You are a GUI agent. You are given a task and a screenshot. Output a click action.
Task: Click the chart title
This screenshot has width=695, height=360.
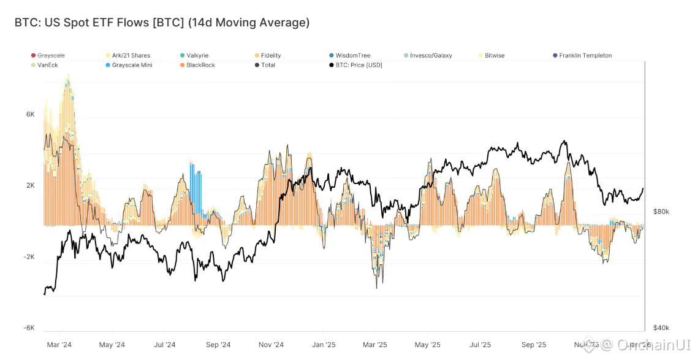(x=162, y=23)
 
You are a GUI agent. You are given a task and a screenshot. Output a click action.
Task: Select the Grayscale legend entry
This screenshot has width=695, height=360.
(x=50, y=56)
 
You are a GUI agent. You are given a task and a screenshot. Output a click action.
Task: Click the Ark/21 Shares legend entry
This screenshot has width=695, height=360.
(x=131, y=56)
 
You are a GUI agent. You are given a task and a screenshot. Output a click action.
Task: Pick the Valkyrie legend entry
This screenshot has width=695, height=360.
(x=197, y=56)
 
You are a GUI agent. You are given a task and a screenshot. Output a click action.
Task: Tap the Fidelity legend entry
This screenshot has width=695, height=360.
(x=270, y=56)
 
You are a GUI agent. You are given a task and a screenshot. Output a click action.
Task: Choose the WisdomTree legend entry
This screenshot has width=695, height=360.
(x=352, y=56)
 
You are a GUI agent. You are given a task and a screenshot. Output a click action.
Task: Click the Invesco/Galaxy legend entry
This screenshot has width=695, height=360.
(x=431, y=56)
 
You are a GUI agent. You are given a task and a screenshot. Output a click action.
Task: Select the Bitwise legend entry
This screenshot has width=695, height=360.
(x=494, y=56)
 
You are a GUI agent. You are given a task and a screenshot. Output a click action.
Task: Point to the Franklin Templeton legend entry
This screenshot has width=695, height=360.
(x=585, y=56)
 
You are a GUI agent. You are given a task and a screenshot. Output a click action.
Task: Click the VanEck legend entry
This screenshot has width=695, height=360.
(x=48, y=65)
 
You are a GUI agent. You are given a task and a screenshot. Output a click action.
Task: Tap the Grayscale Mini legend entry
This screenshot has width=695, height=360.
(x=132, y=65)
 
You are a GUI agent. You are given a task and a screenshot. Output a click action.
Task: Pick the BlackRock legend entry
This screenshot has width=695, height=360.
(x=200, y=65)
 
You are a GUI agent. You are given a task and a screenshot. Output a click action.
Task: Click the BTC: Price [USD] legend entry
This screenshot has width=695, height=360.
(x=359, y=65)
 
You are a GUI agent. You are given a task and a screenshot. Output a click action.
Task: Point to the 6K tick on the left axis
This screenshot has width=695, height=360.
(x=30, y=115)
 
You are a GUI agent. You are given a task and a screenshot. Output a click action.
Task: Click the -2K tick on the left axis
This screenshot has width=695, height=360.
(x=29, y=257)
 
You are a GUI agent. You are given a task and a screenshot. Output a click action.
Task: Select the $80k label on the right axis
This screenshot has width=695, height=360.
(x=661, y=212)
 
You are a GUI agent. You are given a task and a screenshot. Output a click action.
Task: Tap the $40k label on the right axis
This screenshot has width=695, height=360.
(x=661, y=327)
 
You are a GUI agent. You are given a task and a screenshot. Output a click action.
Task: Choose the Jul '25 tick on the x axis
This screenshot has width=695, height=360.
(x=480, y=345)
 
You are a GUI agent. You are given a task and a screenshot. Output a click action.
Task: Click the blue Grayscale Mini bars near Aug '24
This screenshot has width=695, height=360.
(x=196, y=187)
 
